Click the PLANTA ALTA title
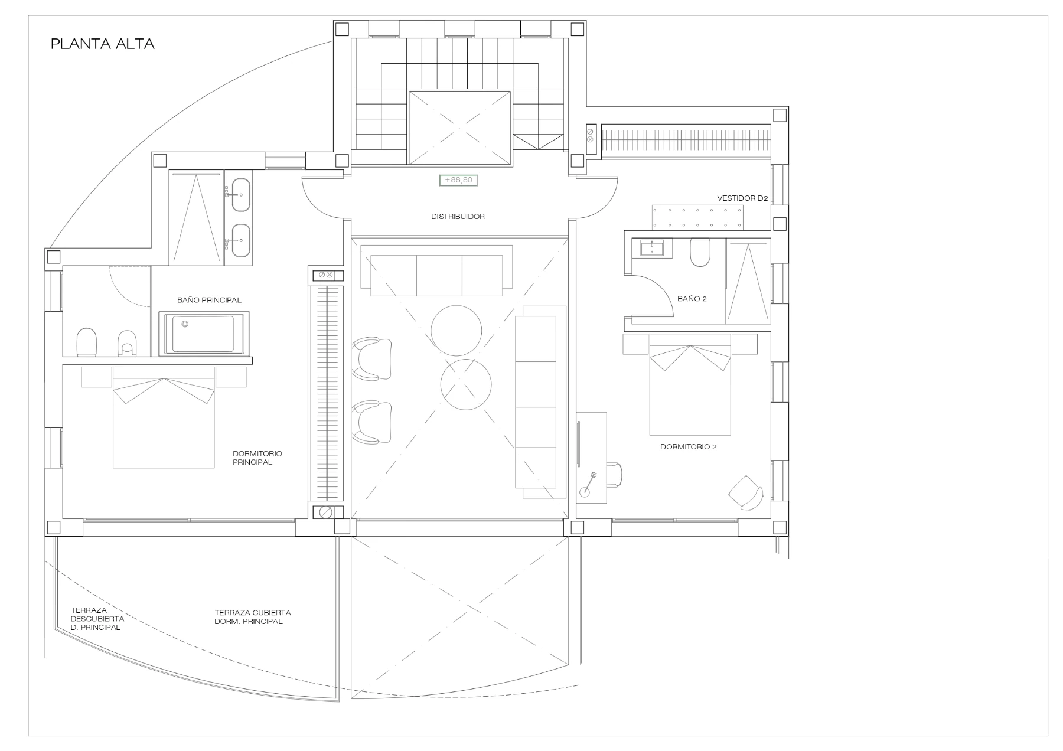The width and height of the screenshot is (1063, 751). pos(103,44)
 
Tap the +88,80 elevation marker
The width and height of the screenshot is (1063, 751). pos(458,179)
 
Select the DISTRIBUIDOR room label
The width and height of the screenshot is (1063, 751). pos(458,217)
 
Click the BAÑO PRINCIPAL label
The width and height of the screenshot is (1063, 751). pos(209,300)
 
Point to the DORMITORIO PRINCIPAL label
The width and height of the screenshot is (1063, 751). pos(257,458)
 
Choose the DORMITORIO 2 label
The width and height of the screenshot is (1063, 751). pos(688,447)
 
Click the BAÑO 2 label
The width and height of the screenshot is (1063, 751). pos(692,299)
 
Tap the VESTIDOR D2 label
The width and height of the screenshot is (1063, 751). pos(742,198)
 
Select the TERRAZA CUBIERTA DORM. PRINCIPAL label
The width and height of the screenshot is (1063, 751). pos(253,617)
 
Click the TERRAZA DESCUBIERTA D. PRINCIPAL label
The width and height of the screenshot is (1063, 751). pos(97,619)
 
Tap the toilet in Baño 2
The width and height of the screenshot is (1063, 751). pos(699,252)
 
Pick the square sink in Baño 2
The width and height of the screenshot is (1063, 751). pos(652,248)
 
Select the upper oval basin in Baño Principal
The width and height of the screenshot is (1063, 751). pos(240,195)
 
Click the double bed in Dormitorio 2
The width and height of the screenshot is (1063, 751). pos(690,384)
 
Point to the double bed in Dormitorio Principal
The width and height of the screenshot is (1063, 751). pos(164,417)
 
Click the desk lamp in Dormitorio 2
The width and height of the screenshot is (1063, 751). pos(589,482)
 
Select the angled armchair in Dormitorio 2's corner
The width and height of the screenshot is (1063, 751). pos(746,492)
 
